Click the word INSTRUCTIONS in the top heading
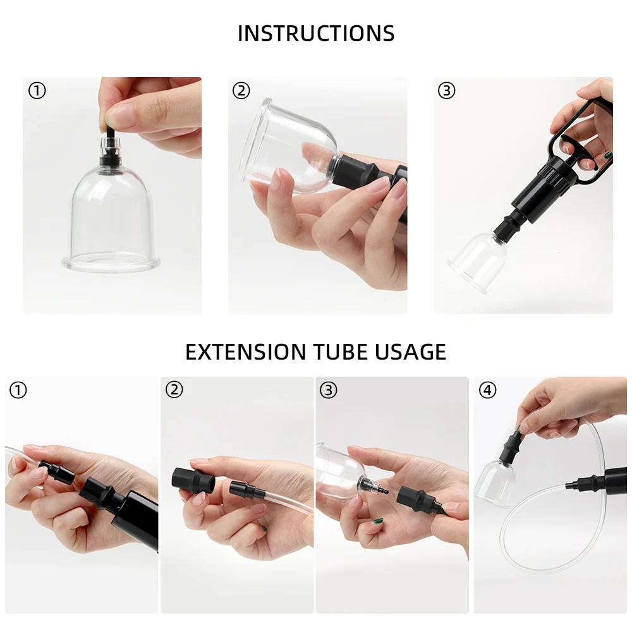(x=316, y=33)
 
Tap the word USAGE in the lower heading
(x=410, y=352)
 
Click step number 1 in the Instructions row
(x=37, y=90)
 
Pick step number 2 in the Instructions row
(x=241, y=90)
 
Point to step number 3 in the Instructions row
(x=447, y=90)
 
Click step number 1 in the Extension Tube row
(x=18, y=390)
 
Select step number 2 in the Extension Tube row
(x=174, y=390)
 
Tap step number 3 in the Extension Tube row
(x=329, y=390)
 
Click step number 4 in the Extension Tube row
(x=488, y=390)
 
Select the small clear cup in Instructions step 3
(x=477, y=262)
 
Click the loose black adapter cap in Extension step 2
(x=193, y=480)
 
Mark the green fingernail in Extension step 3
(x=378, y=521)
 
